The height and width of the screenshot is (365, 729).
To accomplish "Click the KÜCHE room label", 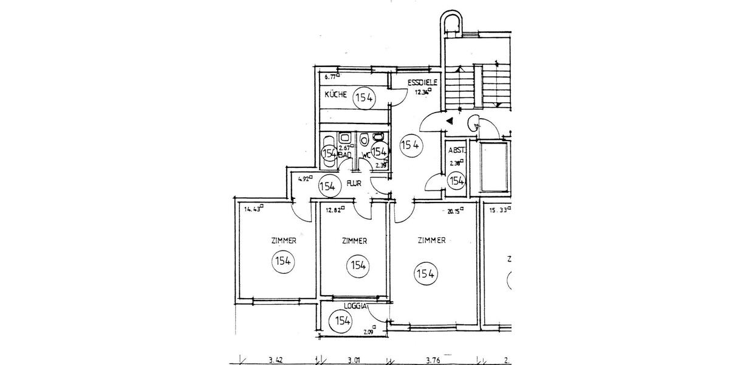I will tap(335, 95).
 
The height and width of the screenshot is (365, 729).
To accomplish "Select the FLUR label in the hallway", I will tap(355, 182).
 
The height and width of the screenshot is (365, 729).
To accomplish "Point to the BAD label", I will tap(345, 156).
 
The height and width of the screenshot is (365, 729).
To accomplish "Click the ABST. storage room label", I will tap(456, 151).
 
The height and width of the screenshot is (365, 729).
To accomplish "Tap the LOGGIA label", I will tap(355, 307).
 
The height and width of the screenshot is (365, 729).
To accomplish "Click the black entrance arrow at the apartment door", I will tap(449, 121).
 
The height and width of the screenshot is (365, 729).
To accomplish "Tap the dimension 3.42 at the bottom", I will tap(276, 360).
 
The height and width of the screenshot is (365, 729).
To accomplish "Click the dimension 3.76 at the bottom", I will tap(433, 360).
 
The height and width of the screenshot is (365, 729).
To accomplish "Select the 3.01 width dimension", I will tap(354, 360).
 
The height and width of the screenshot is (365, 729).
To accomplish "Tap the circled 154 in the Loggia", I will tap(342, 321).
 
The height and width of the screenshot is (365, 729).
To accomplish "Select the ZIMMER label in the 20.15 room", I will tap(432, 240).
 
